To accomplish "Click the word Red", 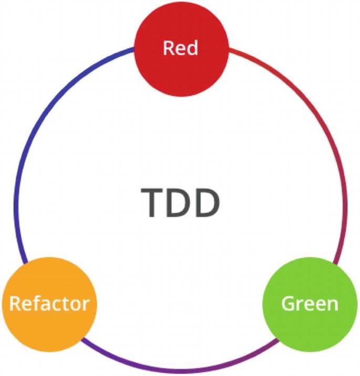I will [180, 48].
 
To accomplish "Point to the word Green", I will [309, 304].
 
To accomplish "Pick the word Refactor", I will [50, 304].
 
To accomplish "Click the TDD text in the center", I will [180, 203].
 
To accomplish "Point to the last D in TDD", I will [206, 203].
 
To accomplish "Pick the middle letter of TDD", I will [180, 203].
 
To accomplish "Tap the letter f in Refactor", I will [36, 303].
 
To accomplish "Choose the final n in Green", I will [333, 305].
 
